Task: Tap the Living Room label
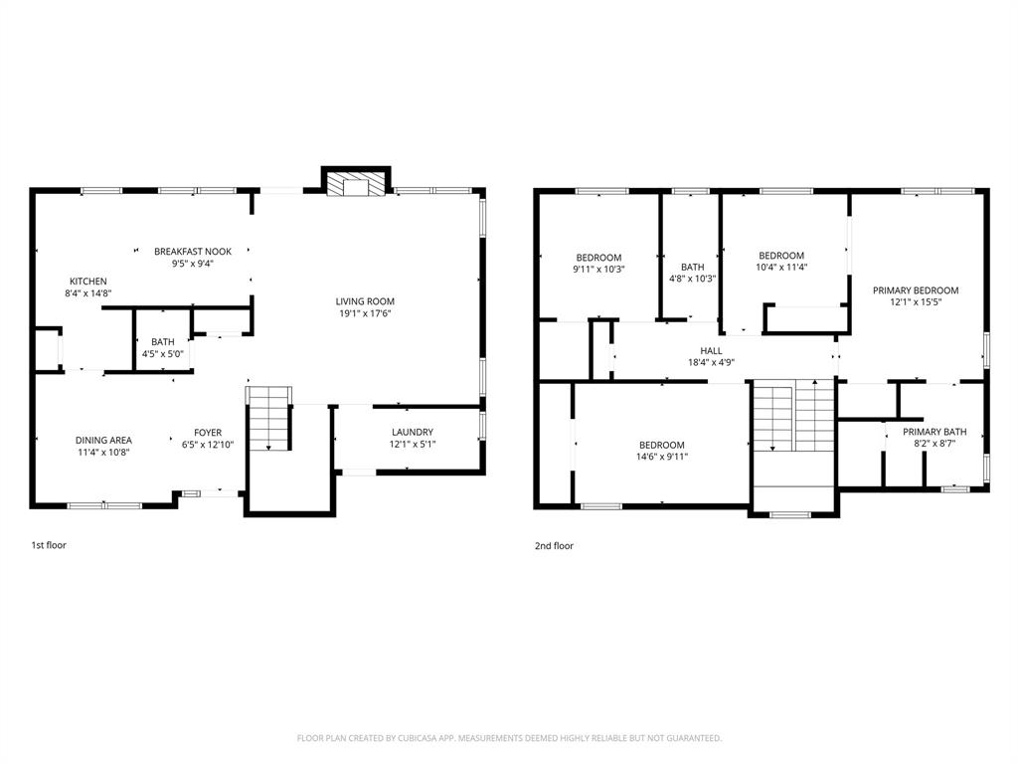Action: pos(365,301)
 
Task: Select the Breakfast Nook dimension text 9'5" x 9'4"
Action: pos(192,265)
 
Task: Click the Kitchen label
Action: pos(87,282)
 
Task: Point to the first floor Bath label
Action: pos(163,341)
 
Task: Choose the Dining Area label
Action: pos(103,440)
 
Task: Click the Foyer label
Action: pos(208,432)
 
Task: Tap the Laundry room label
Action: pos(412,432)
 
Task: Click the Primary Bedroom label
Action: pos(916,290)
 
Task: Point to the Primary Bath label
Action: pos(934,432)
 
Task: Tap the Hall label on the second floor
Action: pos(712,351)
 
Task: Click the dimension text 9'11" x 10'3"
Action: pos(598,270)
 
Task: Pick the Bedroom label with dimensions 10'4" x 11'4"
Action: pos(781,256)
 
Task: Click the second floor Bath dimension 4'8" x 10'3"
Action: pos(693,279)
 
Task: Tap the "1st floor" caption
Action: pos(49,545)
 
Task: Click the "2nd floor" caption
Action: pos(555,545)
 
